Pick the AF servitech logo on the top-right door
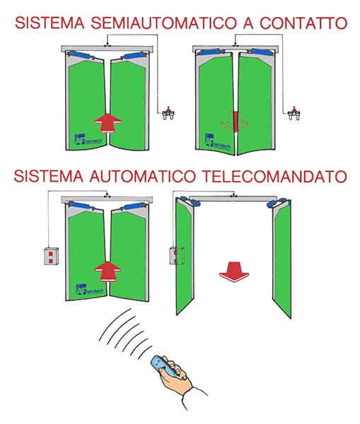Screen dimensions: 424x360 (x=216, y=140)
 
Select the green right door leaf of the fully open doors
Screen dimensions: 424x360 (x=282, y=261)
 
